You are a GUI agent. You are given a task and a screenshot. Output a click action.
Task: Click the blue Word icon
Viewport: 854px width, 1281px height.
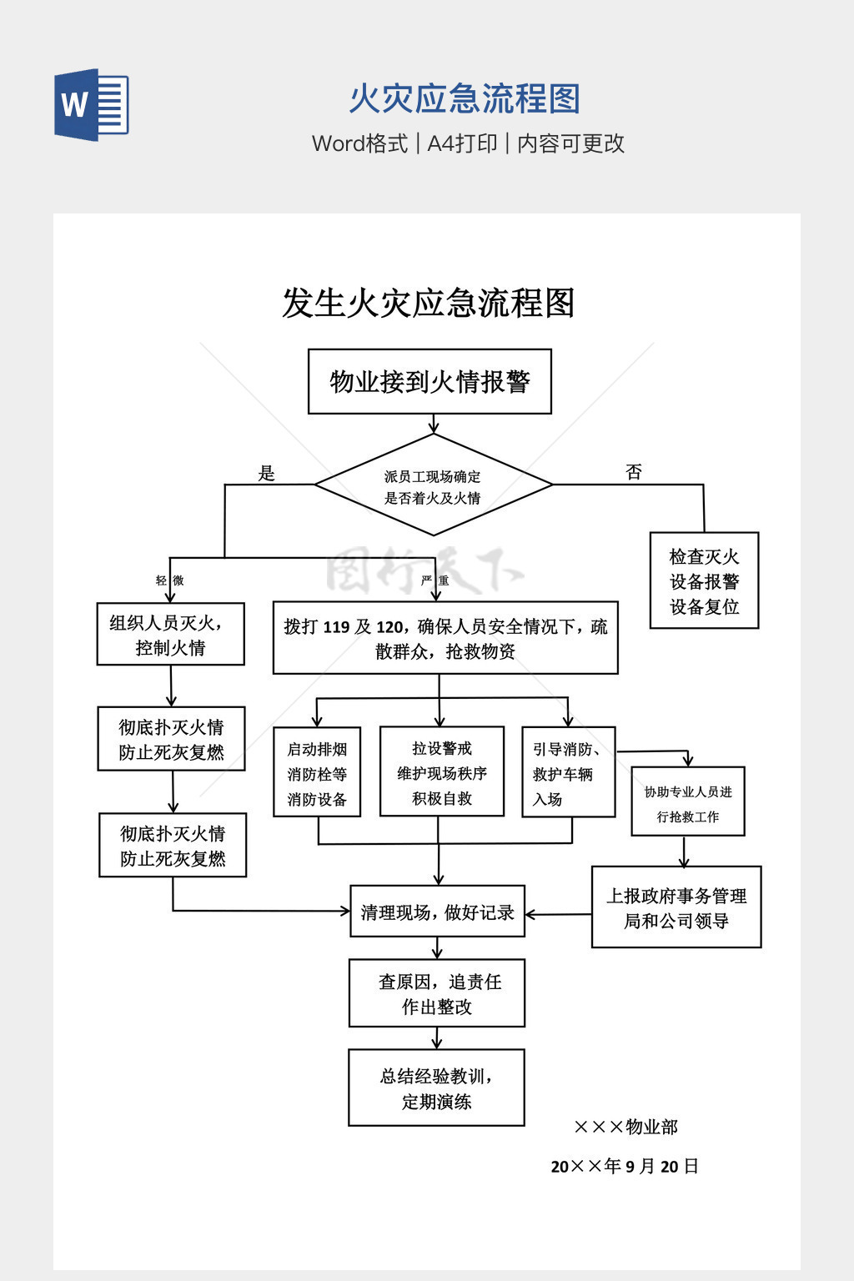point(92,104)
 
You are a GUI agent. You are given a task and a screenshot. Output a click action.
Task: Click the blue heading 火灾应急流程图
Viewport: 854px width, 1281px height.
point(465,99)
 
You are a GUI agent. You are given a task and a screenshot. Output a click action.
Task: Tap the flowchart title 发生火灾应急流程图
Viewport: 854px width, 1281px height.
point(428,303)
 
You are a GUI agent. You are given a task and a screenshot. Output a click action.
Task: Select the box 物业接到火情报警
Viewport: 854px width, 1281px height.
point(430,382)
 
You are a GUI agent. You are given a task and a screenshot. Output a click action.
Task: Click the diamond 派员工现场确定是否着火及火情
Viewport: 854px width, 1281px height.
point(433,485)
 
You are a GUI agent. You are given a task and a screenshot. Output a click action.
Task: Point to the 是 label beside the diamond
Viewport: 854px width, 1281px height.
point(266,474)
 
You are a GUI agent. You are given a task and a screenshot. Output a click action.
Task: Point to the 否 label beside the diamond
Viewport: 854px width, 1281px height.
point(634,472)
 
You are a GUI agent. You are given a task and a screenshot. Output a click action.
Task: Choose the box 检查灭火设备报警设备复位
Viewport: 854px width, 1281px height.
point(704,580)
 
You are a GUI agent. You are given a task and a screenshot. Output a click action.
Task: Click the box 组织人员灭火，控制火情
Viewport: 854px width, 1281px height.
point(170,635)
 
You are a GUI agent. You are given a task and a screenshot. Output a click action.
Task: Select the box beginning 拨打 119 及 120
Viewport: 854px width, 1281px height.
point(445,638)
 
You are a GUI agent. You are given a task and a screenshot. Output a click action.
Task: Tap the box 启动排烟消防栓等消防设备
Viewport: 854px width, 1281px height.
point(317,772)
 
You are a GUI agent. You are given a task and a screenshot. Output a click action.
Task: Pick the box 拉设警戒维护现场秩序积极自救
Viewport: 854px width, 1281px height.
point(442,771)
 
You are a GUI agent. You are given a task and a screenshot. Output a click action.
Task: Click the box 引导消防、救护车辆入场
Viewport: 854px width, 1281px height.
point(568,772)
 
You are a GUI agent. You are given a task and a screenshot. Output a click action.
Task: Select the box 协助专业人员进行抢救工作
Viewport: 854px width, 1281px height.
point(688,802)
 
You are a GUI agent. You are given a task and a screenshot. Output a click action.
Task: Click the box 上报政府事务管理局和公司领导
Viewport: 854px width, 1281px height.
point(676,907)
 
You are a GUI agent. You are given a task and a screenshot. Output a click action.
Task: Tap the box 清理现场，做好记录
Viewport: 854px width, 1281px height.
point(437,912)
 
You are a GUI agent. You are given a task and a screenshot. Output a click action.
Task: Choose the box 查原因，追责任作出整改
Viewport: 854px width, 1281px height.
point(437,993)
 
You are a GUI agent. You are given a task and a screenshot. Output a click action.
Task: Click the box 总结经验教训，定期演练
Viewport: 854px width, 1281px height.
point(436,1088)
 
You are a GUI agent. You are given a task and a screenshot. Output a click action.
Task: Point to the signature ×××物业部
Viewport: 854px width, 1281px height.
point(626,1128)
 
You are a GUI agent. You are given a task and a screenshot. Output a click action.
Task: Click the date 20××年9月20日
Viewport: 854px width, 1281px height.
point(625,1167)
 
